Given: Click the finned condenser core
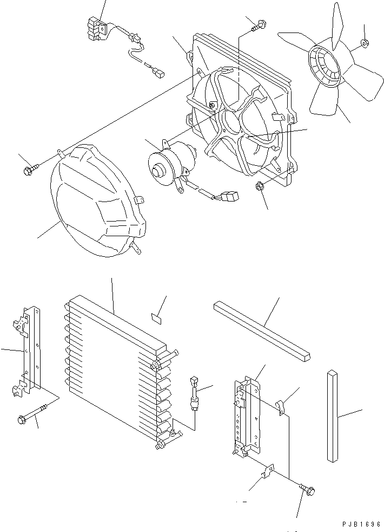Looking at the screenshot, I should pos(116,368).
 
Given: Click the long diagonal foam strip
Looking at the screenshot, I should pos(262,330).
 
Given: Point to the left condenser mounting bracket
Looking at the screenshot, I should pos(27,352).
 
